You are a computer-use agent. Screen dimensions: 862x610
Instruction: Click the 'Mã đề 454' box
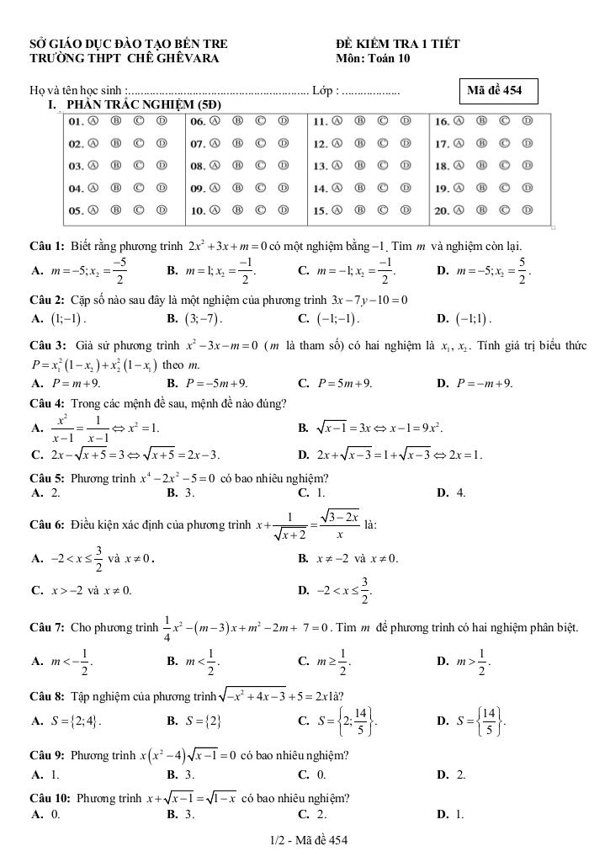tap(501, 90)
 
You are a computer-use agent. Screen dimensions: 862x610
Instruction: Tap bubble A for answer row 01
tap(93, 121)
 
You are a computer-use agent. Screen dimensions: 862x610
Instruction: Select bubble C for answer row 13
tap(384, 166)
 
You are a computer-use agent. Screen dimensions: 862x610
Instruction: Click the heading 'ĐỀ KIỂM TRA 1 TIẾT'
tap(397, 44)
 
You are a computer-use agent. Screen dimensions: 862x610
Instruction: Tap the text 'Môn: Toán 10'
tap(373, 58)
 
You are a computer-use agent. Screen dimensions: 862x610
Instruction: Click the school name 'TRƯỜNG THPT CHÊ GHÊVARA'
tap(124, 58)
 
